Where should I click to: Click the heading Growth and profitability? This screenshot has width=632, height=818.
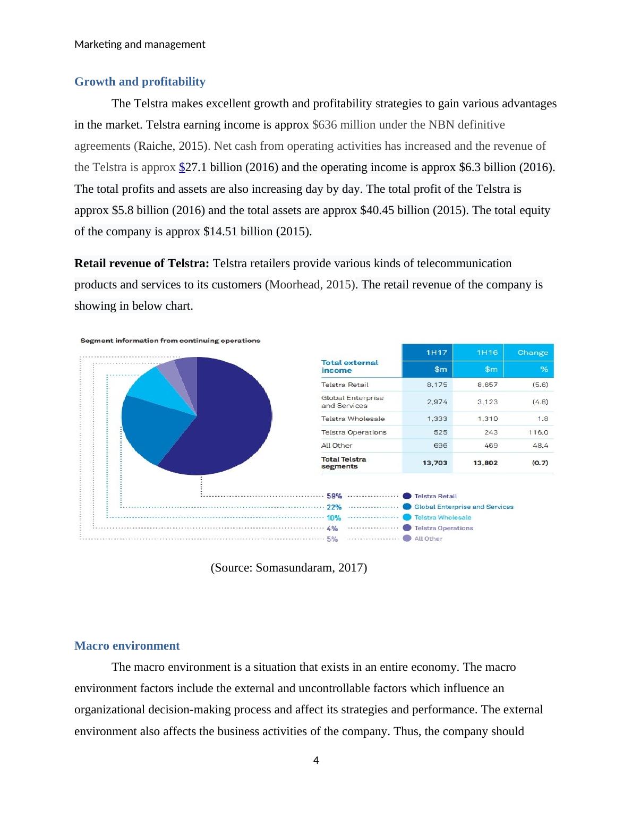[140, 82]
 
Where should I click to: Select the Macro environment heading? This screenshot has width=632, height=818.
[127, 646]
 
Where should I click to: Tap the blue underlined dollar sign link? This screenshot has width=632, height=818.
[182, 167]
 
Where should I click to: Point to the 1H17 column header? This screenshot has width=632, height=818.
[437, 353]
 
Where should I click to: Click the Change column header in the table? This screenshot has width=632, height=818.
[532, 353]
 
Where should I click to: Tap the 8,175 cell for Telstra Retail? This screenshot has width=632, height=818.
[437, 385]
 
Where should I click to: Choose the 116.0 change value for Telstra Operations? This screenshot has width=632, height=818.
[538, 432]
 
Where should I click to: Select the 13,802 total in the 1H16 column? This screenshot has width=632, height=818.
[485, 463]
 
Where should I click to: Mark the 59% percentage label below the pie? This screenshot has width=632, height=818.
[334, 496]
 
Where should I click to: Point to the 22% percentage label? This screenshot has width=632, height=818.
[334, 507]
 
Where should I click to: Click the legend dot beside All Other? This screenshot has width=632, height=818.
[407, 539]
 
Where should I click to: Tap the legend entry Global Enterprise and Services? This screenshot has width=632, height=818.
[464, 507]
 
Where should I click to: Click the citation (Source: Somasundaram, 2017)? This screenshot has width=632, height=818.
[289, 568]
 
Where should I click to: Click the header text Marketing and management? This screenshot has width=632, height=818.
[140, 44]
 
